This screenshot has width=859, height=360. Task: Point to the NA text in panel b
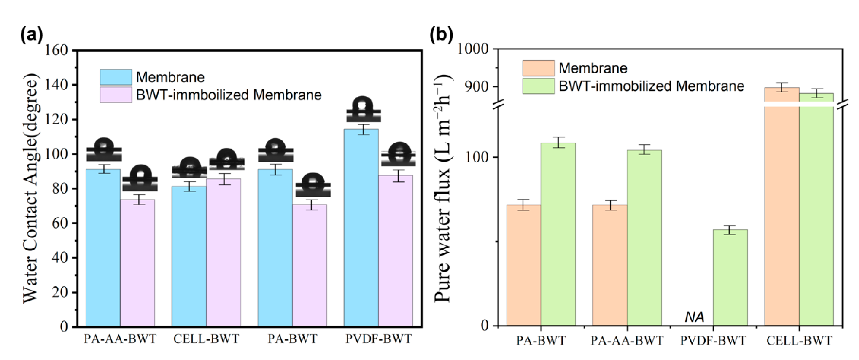coord(695,317)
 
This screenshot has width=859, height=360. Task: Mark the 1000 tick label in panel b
coord(472,49)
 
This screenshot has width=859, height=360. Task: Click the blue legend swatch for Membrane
coord(116,77)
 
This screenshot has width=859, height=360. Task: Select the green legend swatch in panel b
coord(538,86)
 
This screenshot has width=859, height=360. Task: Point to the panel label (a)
coord(32,36)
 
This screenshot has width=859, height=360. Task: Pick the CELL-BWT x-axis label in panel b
coord(799,341)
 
